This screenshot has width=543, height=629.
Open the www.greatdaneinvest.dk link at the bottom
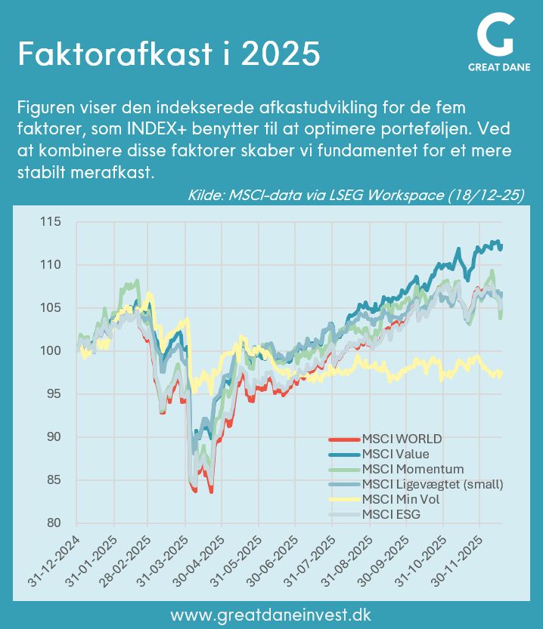click(x=271, y=614)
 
